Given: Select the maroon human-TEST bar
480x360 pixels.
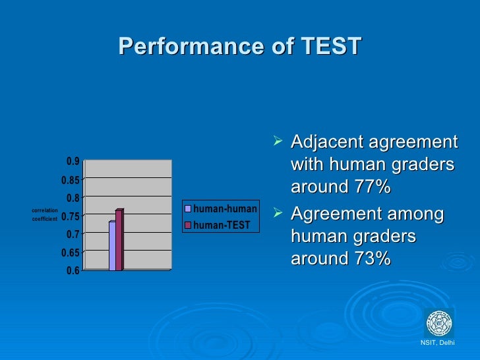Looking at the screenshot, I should tap(119, 240).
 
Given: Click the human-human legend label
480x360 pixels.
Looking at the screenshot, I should tap(225, 209).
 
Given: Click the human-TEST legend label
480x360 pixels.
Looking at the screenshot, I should tap(222, 225).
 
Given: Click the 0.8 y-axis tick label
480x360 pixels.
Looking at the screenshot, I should tap(73, 198).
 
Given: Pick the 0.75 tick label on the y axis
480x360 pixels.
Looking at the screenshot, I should tap(71, 216).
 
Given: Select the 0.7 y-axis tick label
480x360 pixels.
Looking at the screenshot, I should tap(73, 234).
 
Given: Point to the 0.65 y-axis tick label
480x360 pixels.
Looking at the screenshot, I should tap(71, 252).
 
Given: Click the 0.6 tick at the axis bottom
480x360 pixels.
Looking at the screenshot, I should tap(73, 270).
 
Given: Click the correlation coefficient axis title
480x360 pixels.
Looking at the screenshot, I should tap(45, 214).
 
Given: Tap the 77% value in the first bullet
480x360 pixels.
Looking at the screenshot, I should tap(372, 187).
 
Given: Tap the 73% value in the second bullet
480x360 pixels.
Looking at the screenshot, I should tap(372, 259).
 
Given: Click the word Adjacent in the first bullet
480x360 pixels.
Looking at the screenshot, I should tap(326, 142).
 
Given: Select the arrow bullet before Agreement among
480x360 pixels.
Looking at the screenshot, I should tap(280, 214).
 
